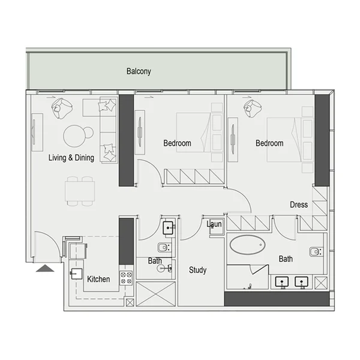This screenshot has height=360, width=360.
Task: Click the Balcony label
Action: [139, 71]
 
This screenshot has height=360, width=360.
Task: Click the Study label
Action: [197, 270]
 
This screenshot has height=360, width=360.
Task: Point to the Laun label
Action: [215, 224]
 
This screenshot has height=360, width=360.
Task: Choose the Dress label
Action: [298, 205]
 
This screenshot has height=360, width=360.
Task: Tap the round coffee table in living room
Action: [76, 134]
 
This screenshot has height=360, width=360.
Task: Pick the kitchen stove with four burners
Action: [126, 278]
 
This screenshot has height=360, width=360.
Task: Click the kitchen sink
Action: [77, 275]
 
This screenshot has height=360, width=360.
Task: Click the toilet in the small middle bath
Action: [163, 248]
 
